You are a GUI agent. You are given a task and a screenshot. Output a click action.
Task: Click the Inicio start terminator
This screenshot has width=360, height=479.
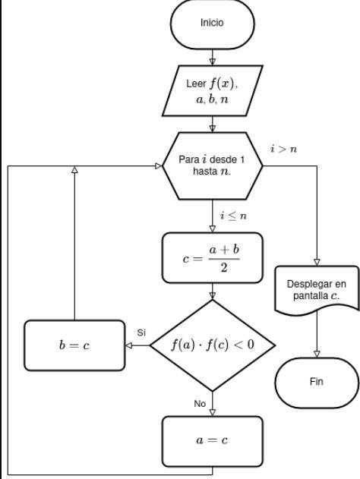[x=212, y=24]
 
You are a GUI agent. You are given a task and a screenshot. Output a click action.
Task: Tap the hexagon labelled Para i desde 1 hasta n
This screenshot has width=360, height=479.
[x=213, y=165]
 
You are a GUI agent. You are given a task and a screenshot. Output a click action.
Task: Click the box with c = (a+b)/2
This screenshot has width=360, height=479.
[x=213, y=257]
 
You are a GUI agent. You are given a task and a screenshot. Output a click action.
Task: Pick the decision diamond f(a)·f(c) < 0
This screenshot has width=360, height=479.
[x=213, y=345]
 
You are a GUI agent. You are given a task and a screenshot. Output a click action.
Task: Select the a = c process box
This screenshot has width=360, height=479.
[x=213, y=440]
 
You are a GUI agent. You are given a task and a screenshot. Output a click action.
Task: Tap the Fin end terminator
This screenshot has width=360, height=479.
[x=316, y=382]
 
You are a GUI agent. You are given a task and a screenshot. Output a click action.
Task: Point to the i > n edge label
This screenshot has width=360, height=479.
[x=283, y=149]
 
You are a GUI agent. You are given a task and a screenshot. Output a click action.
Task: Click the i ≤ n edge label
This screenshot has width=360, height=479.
[x=232, y=216]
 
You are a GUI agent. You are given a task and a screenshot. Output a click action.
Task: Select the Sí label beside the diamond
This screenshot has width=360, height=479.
[x=141, y=333]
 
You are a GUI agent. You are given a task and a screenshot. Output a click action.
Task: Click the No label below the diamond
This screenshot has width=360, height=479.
[x=200, y=403]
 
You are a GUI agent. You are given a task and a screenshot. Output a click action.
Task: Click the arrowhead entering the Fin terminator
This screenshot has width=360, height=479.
[x=316, y=352]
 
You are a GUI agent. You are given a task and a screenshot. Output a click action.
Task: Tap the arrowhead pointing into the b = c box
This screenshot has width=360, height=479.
[x=128, y=345]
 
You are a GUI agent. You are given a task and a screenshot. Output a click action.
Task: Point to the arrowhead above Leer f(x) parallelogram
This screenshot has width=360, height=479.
[x=213, y=61]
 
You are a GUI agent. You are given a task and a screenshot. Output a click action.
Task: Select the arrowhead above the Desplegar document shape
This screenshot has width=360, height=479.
[x=316, y=262]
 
